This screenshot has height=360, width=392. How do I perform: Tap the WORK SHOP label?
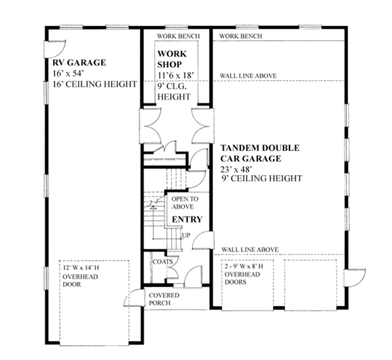point(172,59)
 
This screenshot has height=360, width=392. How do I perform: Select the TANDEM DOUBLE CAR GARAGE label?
point(259,153)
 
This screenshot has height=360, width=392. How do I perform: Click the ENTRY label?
point(187,220)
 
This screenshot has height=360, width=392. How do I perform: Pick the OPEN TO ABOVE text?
point(183,202)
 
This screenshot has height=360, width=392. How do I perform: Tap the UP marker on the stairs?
point(186,235)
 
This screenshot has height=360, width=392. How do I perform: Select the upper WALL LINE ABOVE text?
point(248,76)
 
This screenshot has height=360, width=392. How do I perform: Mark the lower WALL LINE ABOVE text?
point(250,250)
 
